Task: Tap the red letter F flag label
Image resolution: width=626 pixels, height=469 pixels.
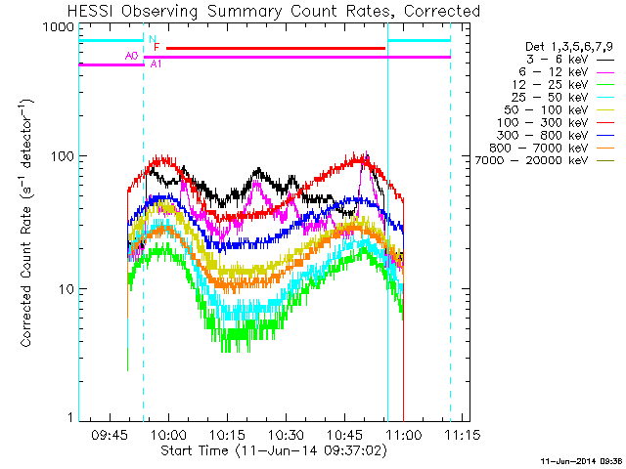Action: coord(156,47)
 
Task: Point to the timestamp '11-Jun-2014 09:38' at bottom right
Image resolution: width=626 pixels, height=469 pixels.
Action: coord(581,460)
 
